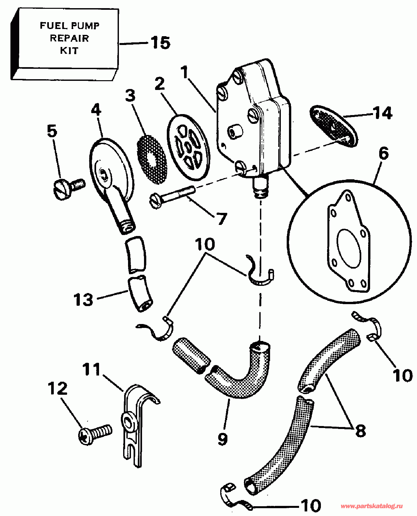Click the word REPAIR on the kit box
point(69,38)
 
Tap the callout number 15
point(160,43)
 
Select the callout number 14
point(382,113)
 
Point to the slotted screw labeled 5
point(68,189)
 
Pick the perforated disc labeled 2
point(188,147)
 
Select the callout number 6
point(384,154)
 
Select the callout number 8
point(360,431)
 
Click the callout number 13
point(83,300)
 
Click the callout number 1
point(185,72)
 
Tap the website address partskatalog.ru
point(371,506)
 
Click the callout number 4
point(96,110)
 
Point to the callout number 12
point(58,388)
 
